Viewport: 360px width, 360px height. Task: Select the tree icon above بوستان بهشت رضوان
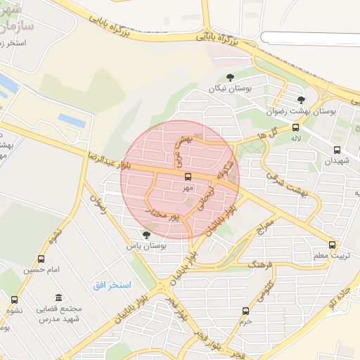coord(302,100)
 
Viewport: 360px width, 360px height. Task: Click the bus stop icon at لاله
coord(295,127)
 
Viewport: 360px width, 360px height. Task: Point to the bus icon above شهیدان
coord(337,150)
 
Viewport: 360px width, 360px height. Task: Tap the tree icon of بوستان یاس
coord(146,235)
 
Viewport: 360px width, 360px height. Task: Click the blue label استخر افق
coord(108,285)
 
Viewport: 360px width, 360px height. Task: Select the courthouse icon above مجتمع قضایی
coord(58,297)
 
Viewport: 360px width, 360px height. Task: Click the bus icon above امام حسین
coord(41,259)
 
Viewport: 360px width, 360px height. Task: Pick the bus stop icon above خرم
coord(245,310)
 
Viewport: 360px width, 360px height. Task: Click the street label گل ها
coord(269,132)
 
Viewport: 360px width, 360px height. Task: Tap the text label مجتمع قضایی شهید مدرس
coord(59,314)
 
